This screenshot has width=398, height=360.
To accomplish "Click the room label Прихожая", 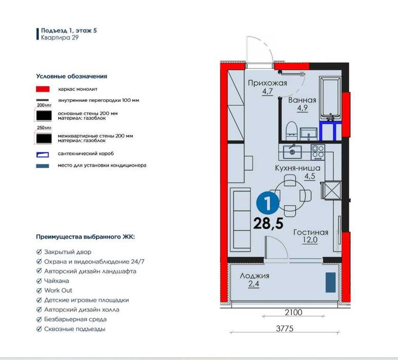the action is click(x=267, y=83).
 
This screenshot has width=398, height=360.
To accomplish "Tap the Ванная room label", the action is click(x=302, y=100).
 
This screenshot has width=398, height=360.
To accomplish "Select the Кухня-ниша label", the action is click(x=298, y=168).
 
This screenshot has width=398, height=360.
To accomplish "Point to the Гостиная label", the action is click(x=311, y=232).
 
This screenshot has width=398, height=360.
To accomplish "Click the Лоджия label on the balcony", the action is click(x=255, y=276).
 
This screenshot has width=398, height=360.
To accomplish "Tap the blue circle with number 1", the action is click(x=268, y=203).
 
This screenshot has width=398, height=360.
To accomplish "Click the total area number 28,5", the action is click(x=268, y=223).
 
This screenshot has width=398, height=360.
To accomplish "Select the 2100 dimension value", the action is click(x=294, y=312).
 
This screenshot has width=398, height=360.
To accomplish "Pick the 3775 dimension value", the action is click(x=284, y=329).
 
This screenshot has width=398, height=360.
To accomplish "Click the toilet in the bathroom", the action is click(x=292, y=131).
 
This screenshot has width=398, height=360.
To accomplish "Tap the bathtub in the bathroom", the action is click(x=330, y=98).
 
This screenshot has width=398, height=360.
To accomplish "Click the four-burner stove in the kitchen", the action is click(x=318, y=152).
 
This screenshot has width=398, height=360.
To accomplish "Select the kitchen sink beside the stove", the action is click(x=292, y=152).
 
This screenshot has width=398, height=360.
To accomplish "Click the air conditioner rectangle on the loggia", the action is click(x=331, y=282).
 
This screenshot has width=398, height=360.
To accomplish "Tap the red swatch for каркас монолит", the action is click(x=43, y=89).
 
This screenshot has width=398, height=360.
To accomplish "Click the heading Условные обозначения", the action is click(x=71, y=76).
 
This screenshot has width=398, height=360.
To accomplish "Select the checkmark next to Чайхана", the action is click(x=39, y=281).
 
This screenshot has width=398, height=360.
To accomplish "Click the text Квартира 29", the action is click(x=60, y=38).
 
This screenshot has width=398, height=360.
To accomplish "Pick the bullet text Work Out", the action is click(x=58, y=291).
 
